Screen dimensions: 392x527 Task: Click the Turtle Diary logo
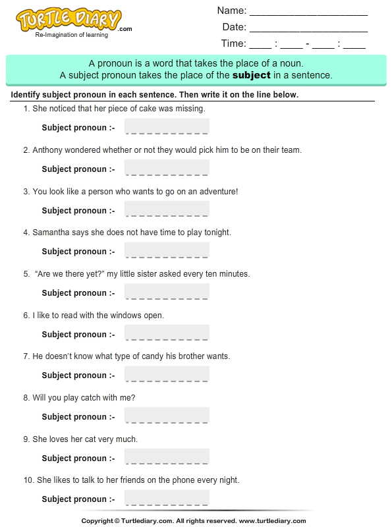[69, 21]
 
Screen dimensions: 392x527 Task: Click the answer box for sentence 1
[167, 126]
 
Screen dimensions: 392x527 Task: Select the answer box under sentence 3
[167, 209]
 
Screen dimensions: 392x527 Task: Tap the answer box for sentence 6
[167, 333]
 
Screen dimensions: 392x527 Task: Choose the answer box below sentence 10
[167, 498]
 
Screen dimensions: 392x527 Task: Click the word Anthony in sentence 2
[50, 150]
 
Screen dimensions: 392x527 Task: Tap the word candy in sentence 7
[164, 356]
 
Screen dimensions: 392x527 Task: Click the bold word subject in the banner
[252, 75]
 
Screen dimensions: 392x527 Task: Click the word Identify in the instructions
[28, 95]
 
